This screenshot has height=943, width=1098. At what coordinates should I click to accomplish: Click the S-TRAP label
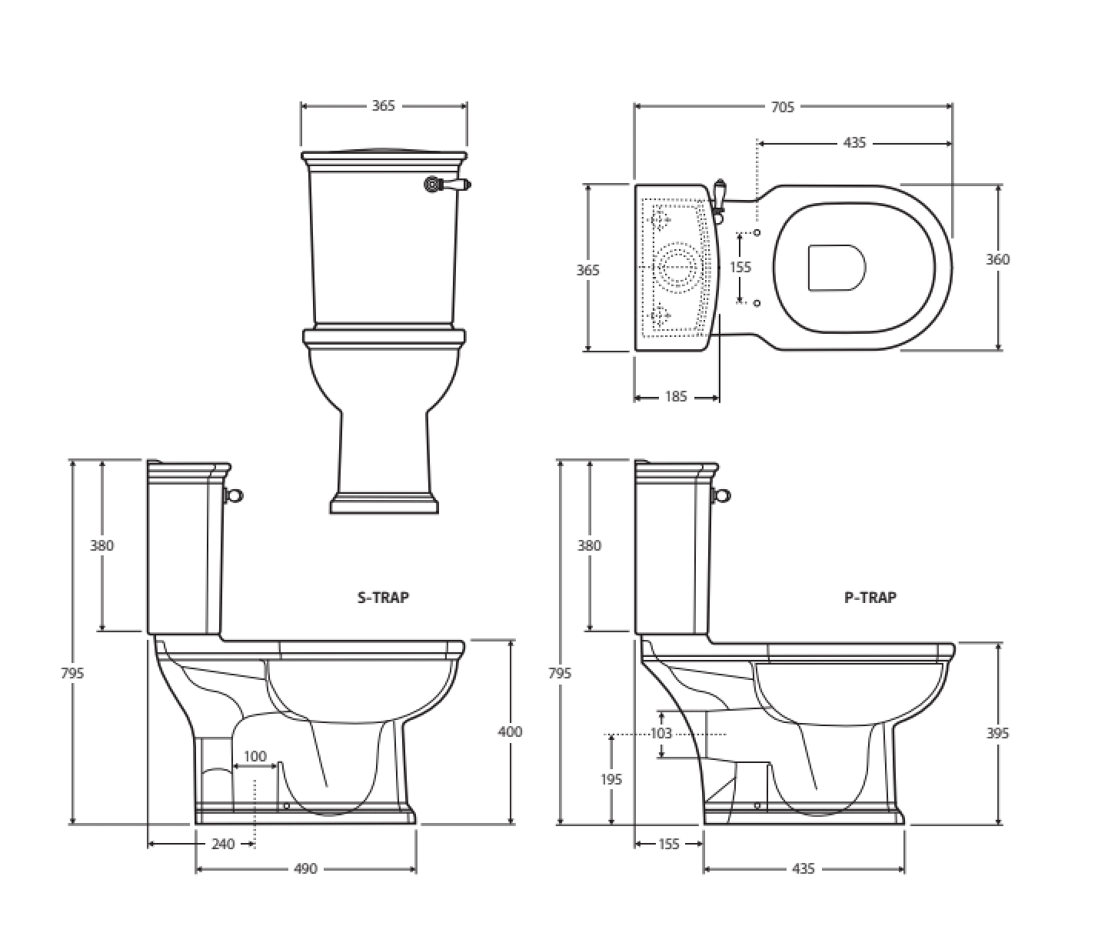[x=383, y=598]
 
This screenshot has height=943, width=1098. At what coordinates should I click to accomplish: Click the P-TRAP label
[x=870, y=598]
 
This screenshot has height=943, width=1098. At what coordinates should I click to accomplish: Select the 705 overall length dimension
[x=783, y=107]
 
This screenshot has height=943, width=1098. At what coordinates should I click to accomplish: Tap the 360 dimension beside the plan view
[x=997, y=259]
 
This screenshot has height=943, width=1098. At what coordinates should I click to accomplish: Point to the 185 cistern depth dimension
[x=676, y=396]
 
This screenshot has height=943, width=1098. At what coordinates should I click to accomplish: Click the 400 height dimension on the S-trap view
[x=510, y=731]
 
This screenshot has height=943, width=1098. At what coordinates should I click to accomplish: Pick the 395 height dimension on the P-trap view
[x=997, y=733]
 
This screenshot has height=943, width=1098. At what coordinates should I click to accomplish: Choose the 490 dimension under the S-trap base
[x=305, y=868]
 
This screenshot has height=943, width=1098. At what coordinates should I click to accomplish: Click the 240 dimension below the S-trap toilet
[x=223, y=844]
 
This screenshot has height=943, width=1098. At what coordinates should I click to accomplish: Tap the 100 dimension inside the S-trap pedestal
[x=255, y=756]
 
